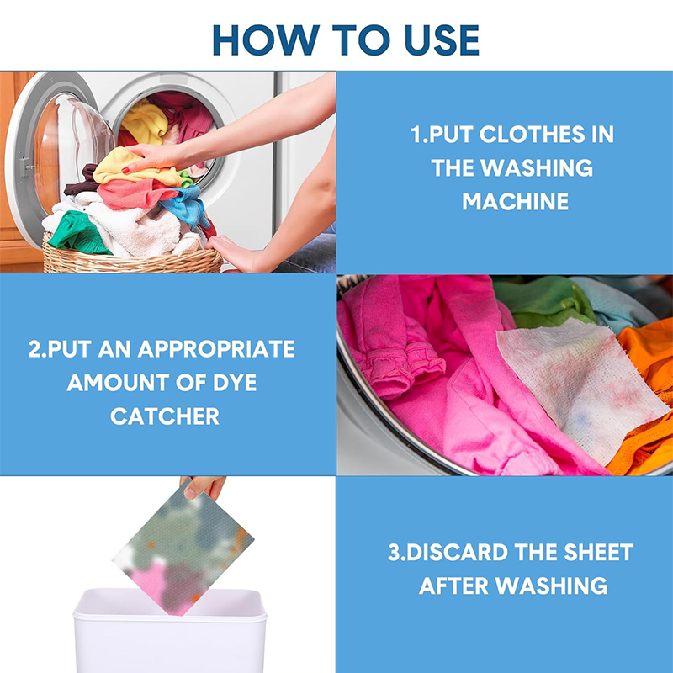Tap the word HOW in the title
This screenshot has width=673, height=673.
pyautogui.click(x=266, y=40)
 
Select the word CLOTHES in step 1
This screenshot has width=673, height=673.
pyautogui.click(x=532, y=135)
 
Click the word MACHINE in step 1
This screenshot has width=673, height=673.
pyautogui.click(x=515, y=201)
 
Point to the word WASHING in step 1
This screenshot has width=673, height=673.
pyautogui.click(x=537, y=167)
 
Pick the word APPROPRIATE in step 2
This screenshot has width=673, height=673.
pyautogui.click(x=216, y=349)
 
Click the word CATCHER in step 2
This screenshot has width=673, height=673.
pyautogui.click(x=165, y=416)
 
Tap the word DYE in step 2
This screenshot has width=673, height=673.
pyautogui.click(x=235, y=383)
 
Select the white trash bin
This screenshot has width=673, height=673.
pyautogui.click(x=170, y=631)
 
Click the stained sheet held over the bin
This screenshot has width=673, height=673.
pyautogui.click(x=183, y=549)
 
